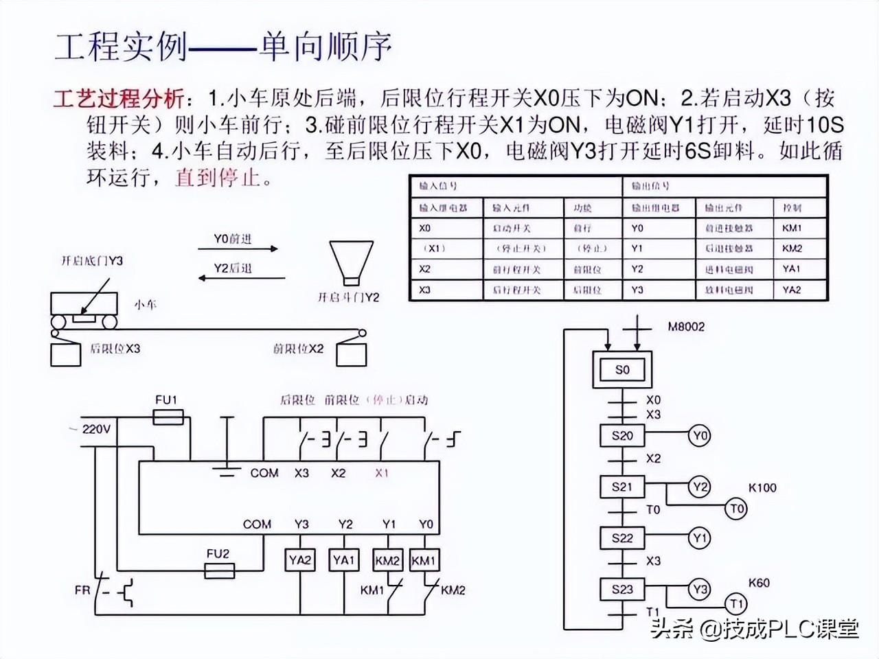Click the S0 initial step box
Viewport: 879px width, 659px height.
[621, 370]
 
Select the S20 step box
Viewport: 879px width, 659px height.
[621, 435]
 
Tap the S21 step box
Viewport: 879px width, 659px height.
[621, 487]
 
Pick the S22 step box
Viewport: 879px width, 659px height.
[621, 537]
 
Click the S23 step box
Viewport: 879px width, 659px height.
[621, 589]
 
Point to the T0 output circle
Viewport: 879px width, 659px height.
[736, 509]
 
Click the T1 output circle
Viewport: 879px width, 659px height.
[736, 604]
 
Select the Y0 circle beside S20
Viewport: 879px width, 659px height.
[699, 435]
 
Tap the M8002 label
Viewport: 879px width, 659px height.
[686, 327]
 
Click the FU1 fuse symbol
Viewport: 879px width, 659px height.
[167, 416]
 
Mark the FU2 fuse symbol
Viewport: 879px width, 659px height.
[219, 570]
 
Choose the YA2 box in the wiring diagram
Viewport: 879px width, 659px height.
[300, 560]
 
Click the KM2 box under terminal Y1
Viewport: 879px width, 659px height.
[388, 560]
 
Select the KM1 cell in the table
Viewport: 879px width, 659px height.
[791, 228]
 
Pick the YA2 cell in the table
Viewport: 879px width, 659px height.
[791, 290]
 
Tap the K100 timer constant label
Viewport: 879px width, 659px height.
[762, 488]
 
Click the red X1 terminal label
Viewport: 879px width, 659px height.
[382, 473]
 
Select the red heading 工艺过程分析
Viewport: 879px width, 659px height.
[118, 100]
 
